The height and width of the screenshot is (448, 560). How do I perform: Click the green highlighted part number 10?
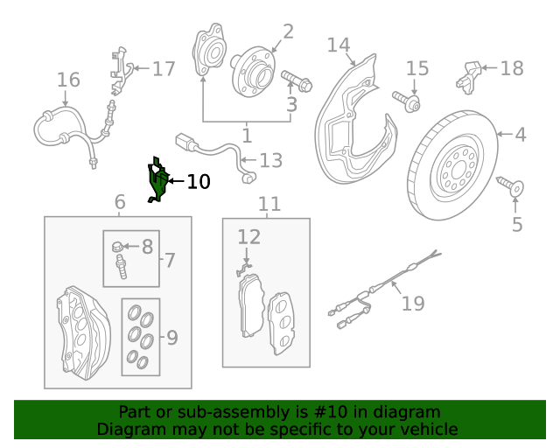point(158,182)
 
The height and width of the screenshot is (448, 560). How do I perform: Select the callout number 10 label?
point(199,182)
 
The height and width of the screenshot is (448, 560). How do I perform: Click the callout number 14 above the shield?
point(339,45)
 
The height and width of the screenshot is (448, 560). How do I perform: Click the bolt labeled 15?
point(409,101)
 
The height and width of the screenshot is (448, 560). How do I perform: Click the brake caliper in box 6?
point(82,328)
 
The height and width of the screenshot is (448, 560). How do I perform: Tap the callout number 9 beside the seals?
point(171,337)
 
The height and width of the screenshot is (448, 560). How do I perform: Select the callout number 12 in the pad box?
point(249,236)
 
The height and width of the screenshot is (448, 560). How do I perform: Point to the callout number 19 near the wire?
point(413,304)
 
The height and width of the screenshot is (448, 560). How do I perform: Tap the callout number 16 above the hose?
point(68,80)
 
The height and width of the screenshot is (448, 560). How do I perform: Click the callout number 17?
point(164,69)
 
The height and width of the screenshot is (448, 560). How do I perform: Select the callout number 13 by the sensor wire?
point(271,160)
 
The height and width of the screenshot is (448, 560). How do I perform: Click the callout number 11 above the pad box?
point(269,204)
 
